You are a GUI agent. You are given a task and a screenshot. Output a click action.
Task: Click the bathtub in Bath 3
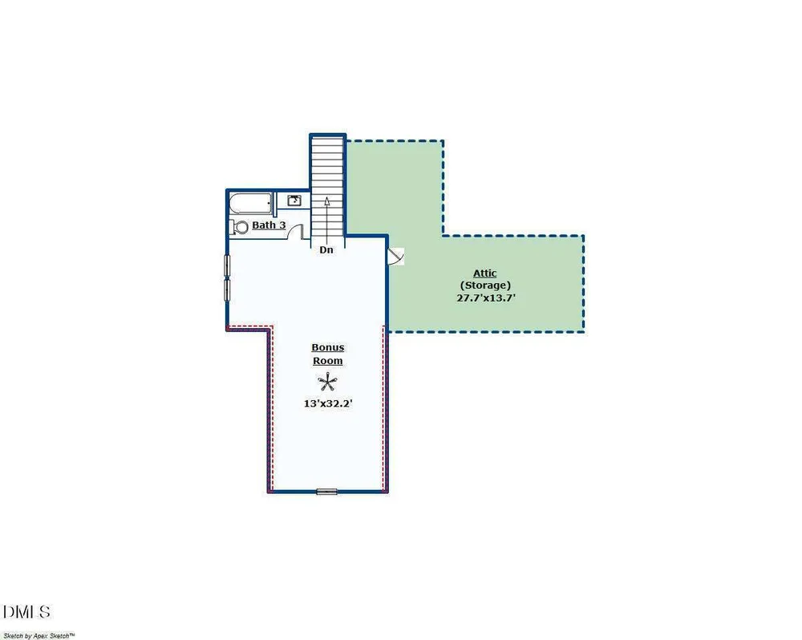click(250, 204)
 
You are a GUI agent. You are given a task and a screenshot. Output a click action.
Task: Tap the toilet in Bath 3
click(238, 227)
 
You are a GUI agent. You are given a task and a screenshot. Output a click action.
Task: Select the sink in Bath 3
click(294, 200)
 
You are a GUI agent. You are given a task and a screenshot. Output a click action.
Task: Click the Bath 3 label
click(269, 225)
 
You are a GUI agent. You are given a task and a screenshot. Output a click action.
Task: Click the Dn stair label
click(326, 249)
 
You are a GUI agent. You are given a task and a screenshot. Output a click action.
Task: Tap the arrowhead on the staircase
click(327, 200)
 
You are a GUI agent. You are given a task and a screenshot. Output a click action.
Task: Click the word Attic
click(485, 273)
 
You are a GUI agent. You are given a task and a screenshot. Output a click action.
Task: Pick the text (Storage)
click(485, 286)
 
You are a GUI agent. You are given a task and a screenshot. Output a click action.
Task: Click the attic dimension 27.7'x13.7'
click(485, 298)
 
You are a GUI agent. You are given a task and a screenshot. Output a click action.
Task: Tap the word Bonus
click(328, 347)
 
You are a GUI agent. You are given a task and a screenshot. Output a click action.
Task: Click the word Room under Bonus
click(328, 361)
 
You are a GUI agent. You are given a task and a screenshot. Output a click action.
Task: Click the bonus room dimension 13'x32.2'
click(328, 403)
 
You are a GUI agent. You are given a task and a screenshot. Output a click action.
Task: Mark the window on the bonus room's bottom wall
click(327, 492)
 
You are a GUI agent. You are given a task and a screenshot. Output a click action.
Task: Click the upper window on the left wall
click(227, 265)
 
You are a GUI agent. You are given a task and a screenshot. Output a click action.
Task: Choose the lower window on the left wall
click(227, 290)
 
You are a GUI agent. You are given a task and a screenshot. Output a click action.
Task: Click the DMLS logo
click(26, 612)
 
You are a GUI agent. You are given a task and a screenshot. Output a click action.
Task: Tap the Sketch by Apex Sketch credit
click(38, 636)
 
